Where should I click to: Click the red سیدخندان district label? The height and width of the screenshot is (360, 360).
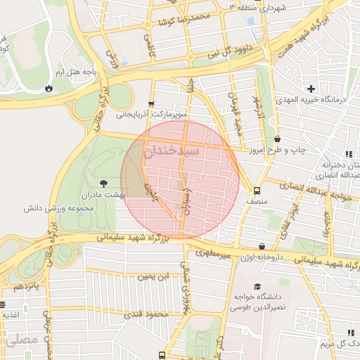pyautogui.click(x=172, y=151)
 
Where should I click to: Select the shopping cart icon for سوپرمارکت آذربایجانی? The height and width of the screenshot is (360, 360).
pyautogui.click(x=152, y=103)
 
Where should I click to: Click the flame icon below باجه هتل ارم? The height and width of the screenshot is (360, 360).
pyautogui.click(x=49, y=89)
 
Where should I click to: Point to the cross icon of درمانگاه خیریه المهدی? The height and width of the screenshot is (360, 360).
pyautogui.click(x=311, y=89)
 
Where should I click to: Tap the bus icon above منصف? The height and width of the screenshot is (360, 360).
pyautogui.click(x=257, y=190)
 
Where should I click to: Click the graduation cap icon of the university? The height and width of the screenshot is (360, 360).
pyautogui.click(x=257, y=287)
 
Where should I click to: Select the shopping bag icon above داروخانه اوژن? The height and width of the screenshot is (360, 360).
pyautogui.click(x=262, y=247)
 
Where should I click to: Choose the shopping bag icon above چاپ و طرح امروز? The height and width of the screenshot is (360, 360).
pyautogui.click(x=277, y=139)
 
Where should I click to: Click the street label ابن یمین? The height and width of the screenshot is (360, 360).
pyautogui.click(x=154, y=277)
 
